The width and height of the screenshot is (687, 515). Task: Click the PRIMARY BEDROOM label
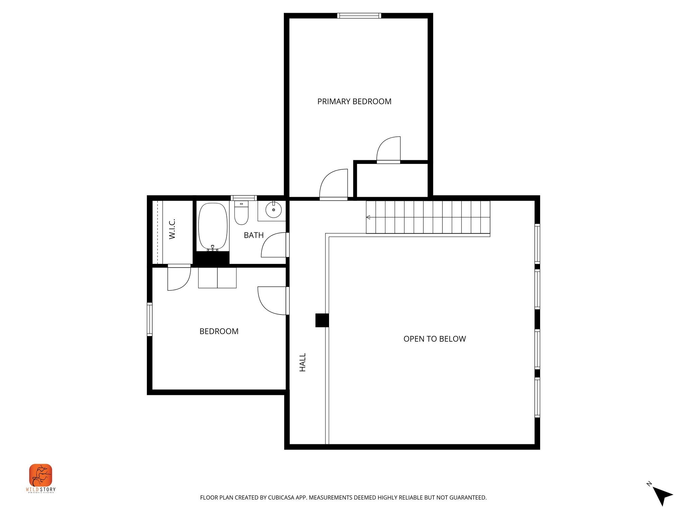[x=354, y=102]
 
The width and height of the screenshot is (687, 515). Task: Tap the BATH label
[x=254, y=235]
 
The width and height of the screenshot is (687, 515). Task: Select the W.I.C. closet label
[x=172, y=229]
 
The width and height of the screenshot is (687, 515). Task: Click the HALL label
[x=303, y=362]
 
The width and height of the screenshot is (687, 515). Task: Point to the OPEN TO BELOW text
[x=434, y=339]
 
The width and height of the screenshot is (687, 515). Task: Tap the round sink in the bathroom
[x=273, y=210]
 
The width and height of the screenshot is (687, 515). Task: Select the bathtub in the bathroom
[x=213, y=226]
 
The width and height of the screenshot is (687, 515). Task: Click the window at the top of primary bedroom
[x=359, y=15]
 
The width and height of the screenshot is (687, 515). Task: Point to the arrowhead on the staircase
[x=368, y=217]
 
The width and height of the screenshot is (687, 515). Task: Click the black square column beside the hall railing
[x=321, y=320]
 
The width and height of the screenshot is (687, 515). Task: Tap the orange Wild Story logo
[x=41, y=475]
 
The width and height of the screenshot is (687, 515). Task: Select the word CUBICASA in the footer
[x=281, y=498]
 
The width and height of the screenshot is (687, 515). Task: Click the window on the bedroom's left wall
[x=150, y=319]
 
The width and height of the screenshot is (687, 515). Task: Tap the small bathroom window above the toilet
[x=244, y=198]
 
